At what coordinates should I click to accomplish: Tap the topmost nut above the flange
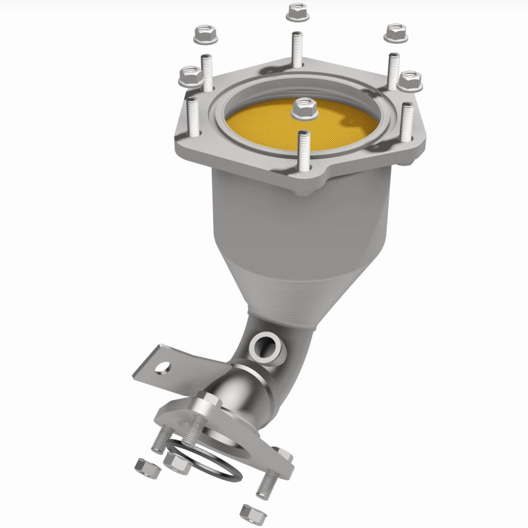tap(294, 11)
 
